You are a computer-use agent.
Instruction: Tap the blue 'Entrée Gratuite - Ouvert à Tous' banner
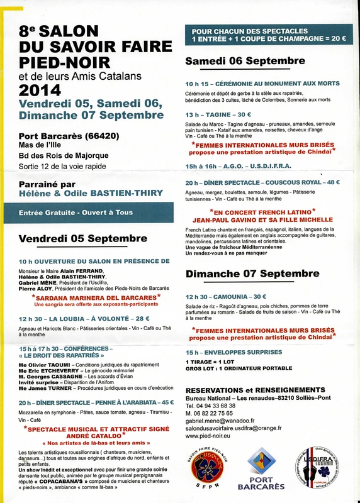[83, 213]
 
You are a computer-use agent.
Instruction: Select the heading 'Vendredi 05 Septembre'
[82, 239]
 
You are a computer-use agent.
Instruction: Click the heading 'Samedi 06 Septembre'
[245, 60]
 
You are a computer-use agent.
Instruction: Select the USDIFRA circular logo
[318, 466]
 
